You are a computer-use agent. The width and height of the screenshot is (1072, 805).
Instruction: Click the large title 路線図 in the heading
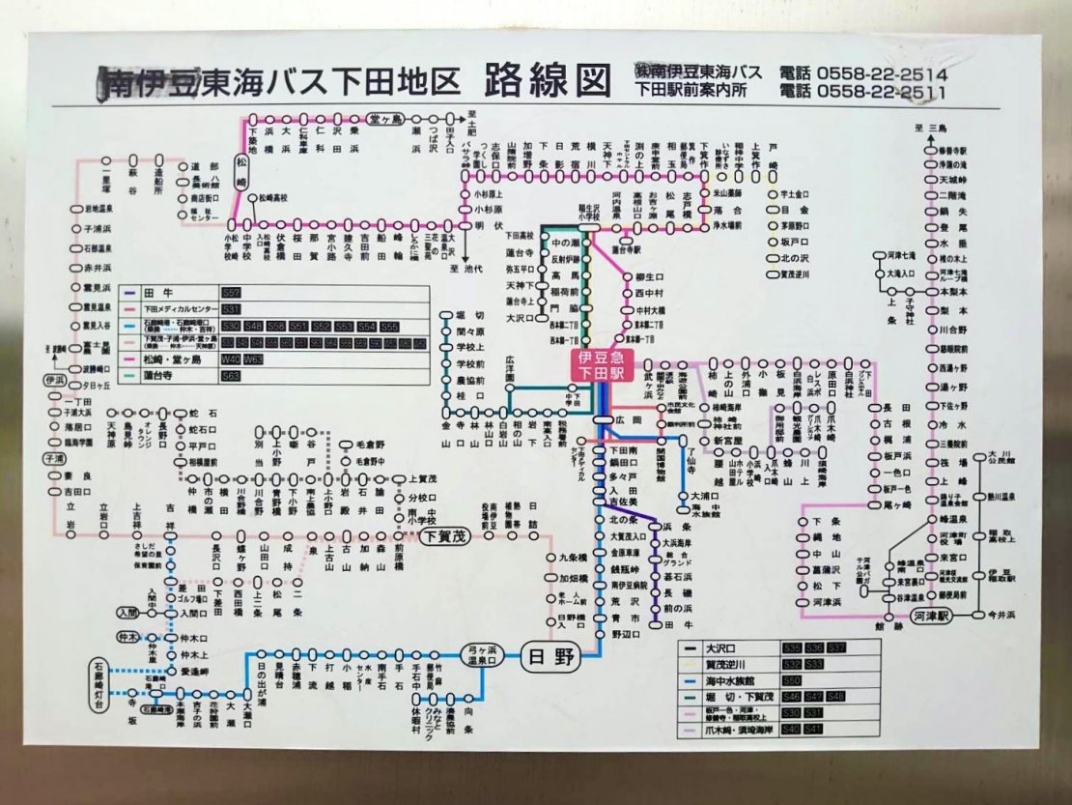pos(548,82)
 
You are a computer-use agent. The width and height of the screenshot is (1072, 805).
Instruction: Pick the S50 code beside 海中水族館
pos(792,680)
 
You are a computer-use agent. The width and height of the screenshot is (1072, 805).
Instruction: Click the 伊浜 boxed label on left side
pos(55,380)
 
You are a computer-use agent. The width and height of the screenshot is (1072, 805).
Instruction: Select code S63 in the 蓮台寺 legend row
pos(231,376)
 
